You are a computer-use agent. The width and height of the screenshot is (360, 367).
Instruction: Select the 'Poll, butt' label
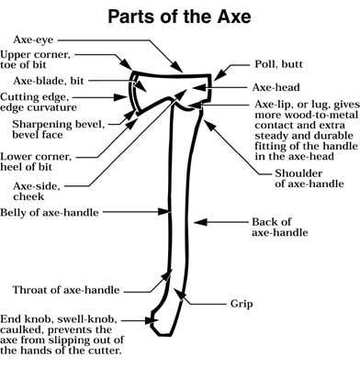click(x=279, y=67)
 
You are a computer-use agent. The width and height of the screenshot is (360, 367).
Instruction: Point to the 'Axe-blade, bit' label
click(x=42, y=80)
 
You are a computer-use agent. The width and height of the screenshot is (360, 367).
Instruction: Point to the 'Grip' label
click(x=241, y=303)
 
